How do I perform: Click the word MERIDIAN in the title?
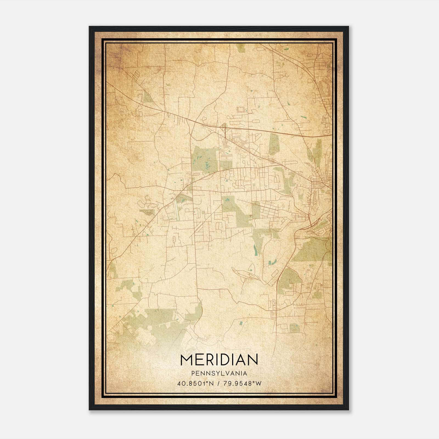219,360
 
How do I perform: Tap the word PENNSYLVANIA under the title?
219,373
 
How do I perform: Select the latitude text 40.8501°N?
195,383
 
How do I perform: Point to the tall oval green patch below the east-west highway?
274,144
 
